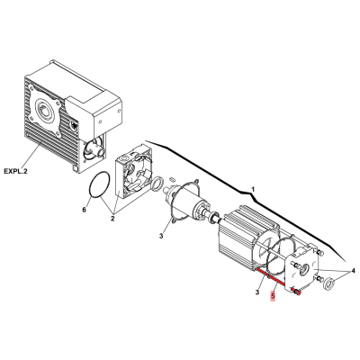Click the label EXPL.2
15,171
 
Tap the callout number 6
85,210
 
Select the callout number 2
112,219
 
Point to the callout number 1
253,190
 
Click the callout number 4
353,271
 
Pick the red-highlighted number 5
273,296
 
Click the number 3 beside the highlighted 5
257,292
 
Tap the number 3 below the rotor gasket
161,236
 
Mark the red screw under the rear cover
296,291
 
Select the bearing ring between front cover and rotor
157,184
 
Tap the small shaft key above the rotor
173,179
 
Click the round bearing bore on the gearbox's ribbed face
44,112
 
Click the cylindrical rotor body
188,205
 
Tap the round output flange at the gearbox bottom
92,149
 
